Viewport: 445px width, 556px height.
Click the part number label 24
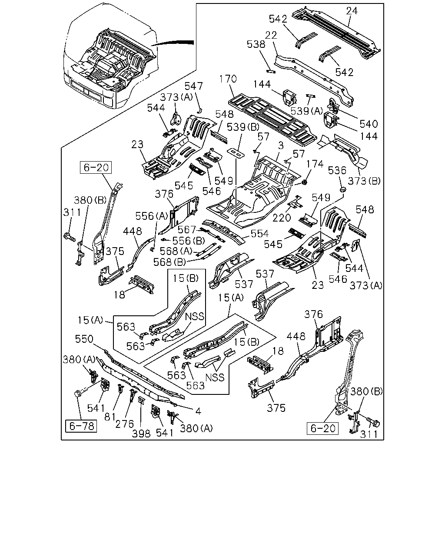[x=352, y=11]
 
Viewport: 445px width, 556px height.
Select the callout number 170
[x=228, y=79]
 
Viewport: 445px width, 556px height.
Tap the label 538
[x=256, y=44]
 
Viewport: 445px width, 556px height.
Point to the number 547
[x=194, y=86]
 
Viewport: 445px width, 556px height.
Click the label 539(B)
[x=243, y=127]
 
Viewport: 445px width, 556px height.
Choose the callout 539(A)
[x=307, y=111]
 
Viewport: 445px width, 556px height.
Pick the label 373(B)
[x=364, y=181]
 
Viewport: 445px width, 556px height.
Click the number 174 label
[x=315, y=164]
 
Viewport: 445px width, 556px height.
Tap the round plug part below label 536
[x=343, y=189]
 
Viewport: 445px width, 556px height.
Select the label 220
[x=282, y=218]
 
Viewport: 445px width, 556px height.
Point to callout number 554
[x=259, y=234]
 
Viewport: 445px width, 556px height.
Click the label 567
[x=187, y=229]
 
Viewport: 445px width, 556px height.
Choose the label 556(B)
[x=189, y=241]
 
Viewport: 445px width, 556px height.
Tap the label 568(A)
[x=176, y=251]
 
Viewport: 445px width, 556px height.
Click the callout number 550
[x=84, y=339]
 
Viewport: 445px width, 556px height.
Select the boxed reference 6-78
[x=81, y=426]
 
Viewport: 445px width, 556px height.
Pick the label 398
[x=141, y=434]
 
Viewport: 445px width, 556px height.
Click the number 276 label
[x=125, y=424]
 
